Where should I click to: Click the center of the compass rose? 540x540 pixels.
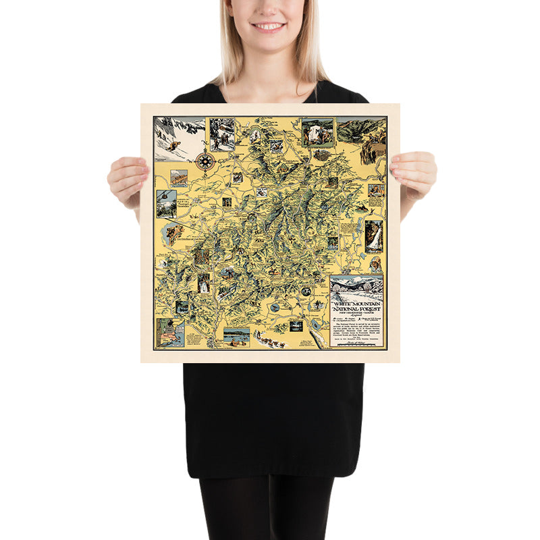click(x=205, y=161)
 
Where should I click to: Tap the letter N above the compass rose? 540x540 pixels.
click(x=205, y=151)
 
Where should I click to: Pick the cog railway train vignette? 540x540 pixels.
click(x=179, y=177)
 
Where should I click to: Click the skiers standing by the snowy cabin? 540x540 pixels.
click(x=221, y=134)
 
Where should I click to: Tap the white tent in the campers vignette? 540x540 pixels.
click(x=317, y=131)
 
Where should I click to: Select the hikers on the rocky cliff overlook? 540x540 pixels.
click(x=373, y=147)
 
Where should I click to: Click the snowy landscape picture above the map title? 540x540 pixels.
click(x=356, y=288)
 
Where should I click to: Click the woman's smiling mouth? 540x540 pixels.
click(x=269, y=27)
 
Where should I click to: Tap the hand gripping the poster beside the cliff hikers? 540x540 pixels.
click(x=413, y=174)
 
